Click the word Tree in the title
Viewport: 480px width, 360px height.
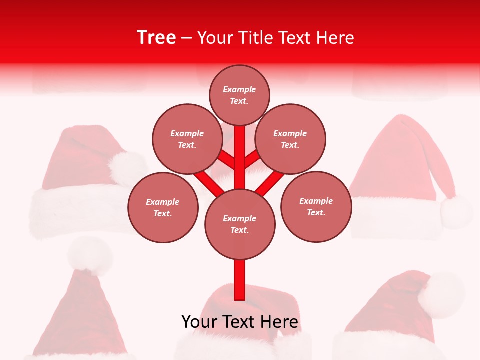[x=156, y=38]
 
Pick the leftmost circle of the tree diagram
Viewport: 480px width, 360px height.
[x=163, y=207]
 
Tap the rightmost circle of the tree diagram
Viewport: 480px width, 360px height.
[x=316, y=206]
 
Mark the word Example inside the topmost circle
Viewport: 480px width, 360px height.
[x=239, y=90]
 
